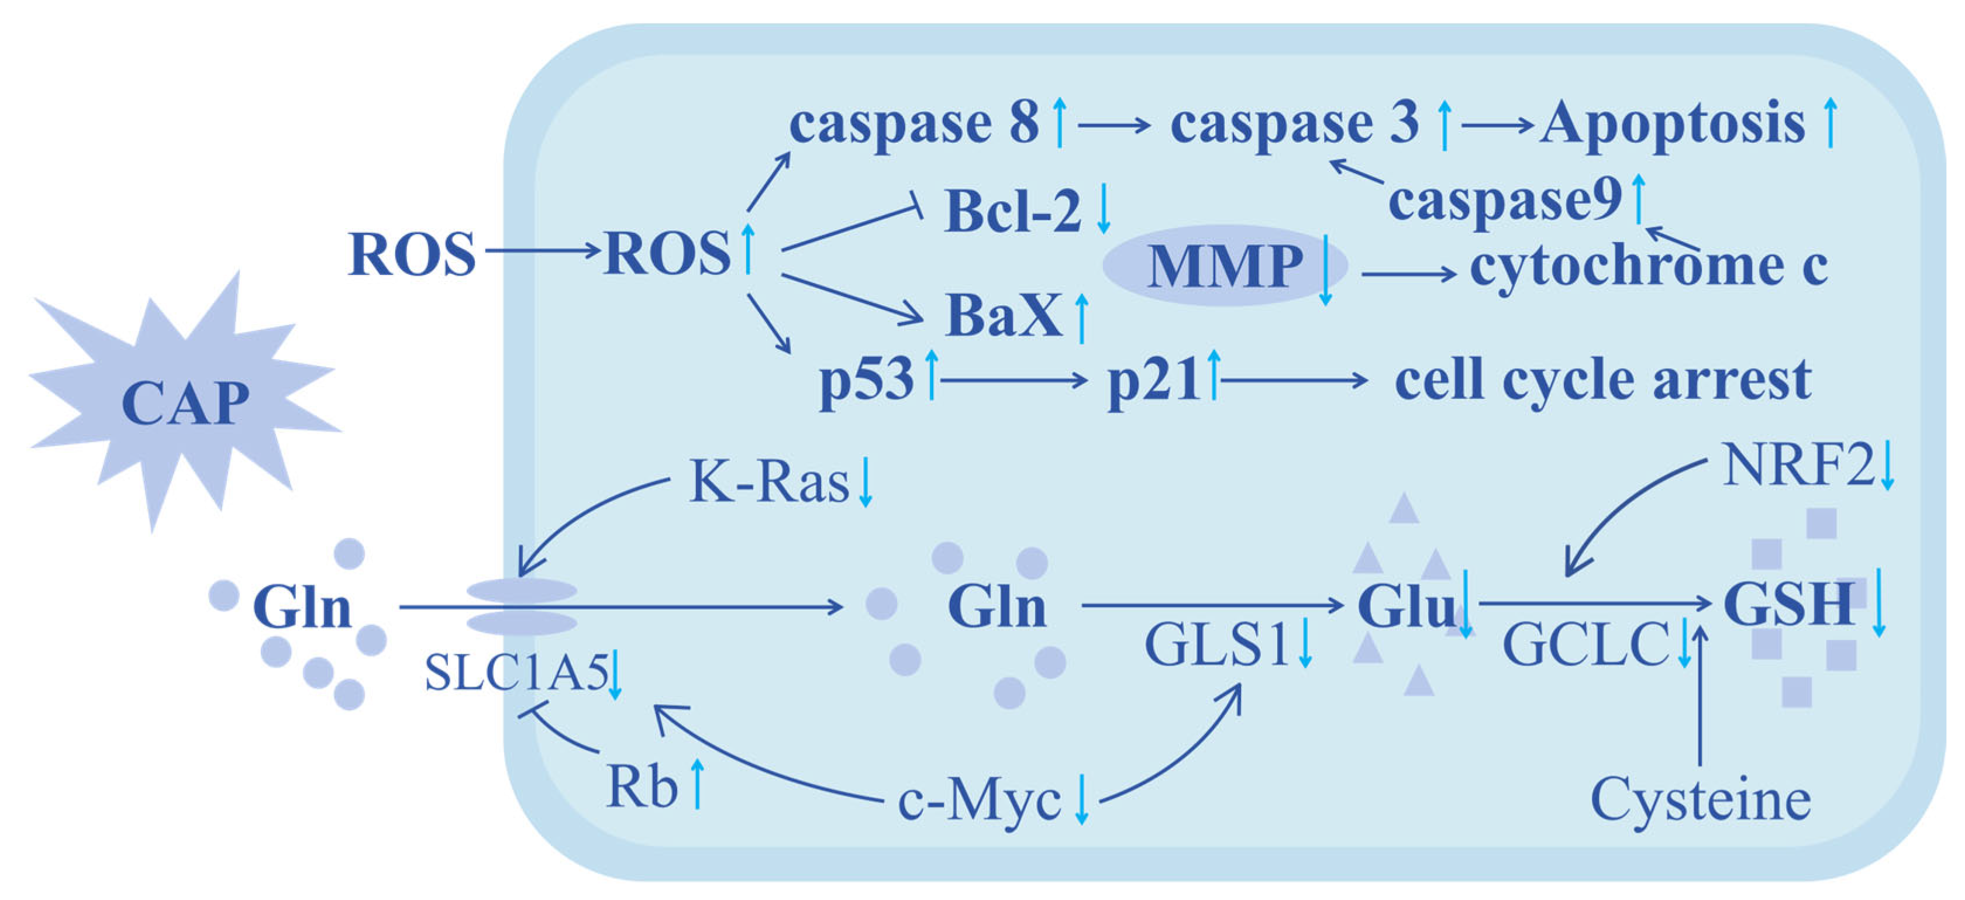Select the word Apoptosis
click(x=1672, y=123)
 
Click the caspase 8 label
click(x=914, y=123)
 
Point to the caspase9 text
click(x=1504, y=200)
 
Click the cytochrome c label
click(x=1647, y=266)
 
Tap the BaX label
click(x=1004, y=315)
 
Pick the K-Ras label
click(x=769, y=482)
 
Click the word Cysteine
click(x=1700, y=800)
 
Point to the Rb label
click(x=642, y=787)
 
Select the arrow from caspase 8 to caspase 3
click(x=1113, y=125)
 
